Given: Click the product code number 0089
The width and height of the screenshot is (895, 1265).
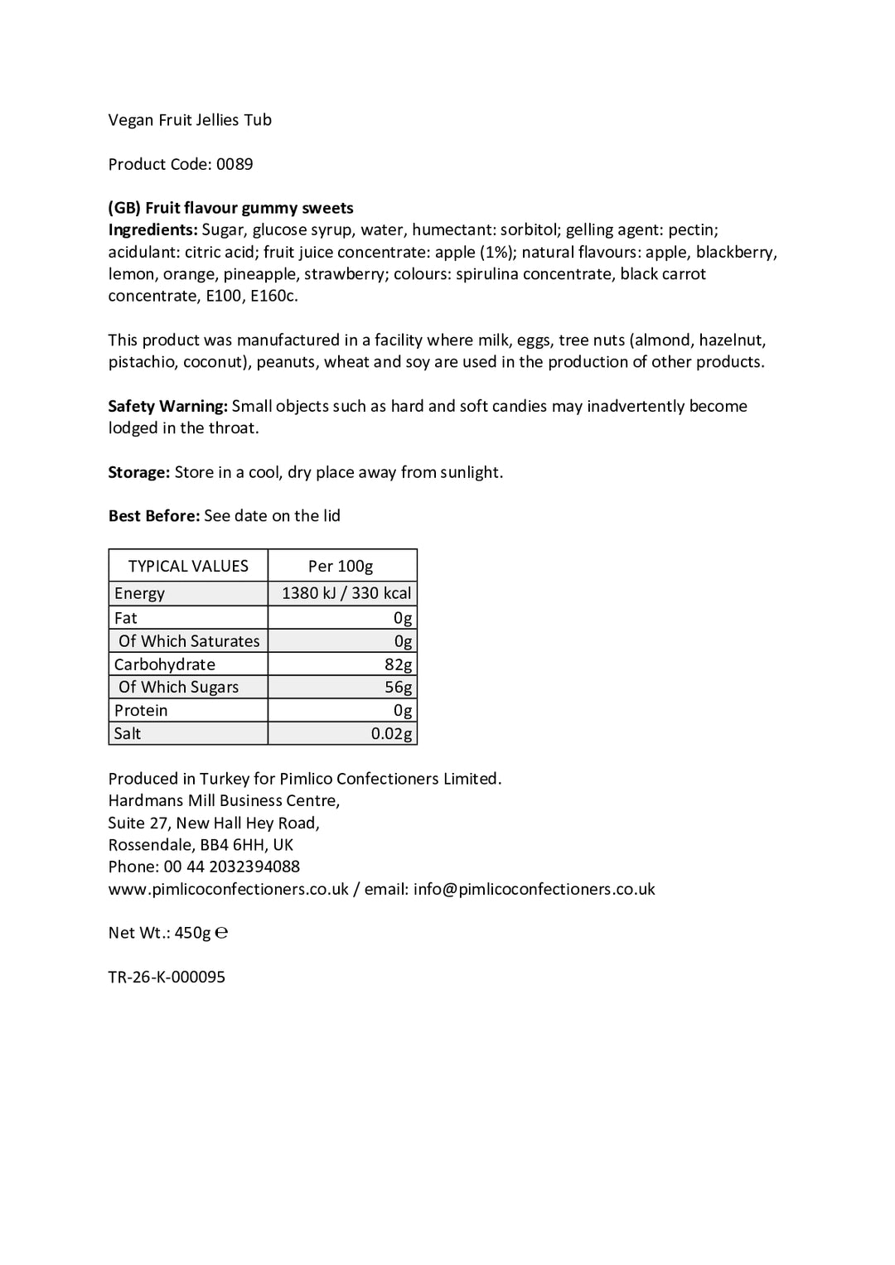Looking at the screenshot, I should (x=235, y=164).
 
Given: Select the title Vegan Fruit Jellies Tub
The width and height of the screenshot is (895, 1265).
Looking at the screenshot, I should (x=190, y=120).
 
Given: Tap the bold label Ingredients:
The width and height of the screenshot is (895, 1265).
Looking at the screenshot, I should (x=153, y=230).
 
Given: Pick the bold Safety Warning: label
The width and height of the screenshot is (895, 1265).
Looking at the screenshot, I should (x=167, y=406).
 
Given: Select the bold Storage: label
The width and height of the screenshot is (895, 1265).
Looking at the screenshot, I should (x=138, y=472).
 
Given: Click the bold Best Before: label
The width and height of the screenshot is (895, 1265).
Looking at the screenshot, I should (x=154, y=516).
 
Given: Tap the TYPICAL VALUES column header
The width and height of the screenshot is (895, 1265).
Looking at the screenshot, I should (x=188, y=566).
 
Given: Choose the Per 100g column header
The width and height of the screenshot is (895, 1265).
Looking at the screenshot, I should (x=341, y=566).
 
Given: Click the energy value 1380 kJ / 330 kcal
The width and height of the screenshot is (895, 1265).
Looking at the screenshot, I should (x=346, y=593).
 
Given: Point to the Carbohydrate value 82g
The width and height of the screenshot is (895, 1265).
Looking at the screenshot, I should (x=398, y=664).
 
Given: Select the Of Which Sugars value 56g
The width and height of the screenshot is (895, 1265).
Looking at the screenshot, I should (x=398, y=688).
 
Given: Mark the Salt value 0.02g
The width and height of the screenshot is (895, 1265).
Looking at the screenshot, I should (x=391, y=734).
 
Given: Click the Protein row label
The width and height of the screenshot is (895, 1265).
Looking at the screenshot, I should (x=141, y=711).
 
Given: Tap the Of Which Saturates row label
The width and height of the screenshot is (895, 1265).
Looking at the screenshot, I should (x=189, y=641).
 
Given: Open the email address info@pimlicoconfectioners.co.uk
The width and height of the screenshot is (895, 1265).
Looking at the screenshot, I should (x=534, y=889).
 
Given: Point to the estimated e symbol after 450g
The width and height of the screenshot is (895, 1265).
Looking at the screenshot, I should (x=221, y=933).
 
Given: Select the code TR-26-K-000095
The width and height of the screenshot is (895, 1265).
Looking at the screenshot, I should (x=167, y=977).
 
